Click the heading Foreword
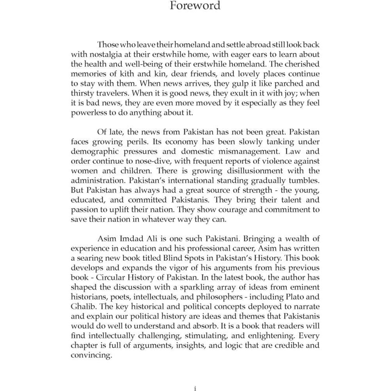[195, 6]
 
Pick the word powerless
[88, 113]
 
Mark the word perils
[138, 142]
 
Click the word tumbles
[302, 180]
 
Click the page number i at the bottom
[195, 388]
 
